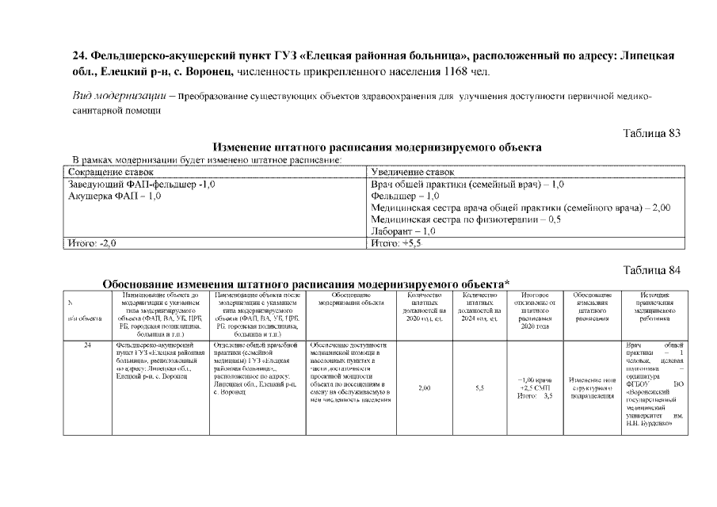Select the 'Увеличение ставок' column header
point(413,172)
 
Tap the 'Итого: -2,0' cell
point(92,244)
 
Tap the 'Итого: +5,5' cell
point(396,244)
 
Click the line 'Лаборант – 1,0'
point(404,231)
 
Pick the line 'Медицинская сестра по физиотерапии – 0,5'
point(466,219)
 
